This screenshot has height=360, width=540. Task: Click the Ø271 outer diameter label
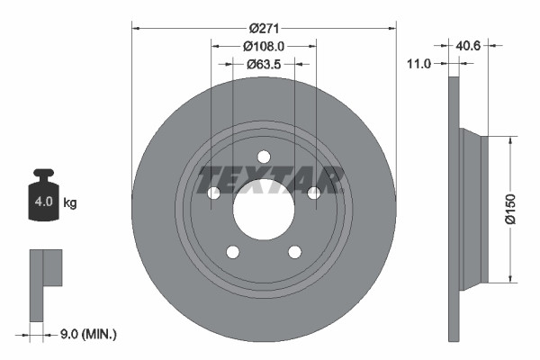(264, 27)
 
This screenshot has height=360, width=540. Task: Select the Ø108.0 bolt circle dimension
(264, 45)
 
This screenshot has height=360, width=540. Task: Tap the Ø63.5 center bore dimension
(264, 64)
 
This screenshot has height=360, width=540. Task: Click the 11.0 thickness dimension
(420, 64)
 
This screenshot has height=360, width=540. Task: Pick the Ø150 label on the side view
(510, 207)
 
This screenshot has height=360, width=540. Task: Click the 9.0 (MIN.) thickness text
(86, 335)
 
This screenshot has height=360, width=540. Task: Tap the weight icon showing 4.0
(43, 197)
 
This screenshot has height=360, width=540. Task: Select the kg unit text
(69, 202)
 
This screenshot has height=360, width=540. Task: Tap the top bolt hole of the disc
(264, 156)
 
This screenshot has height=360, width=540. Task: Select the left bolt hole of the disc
(213, 193)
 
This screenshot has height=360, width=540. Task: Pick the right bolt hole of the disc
(314, 193)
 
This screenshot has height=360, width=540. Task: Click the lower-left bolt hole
(232, 252)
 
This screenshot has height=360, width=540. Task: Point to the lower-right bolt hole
(295, 252)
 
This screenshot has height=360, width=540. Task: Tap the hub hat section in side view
(473, 209)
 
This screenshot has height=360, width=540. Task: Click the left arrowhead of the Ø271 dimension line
(136, 27)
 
